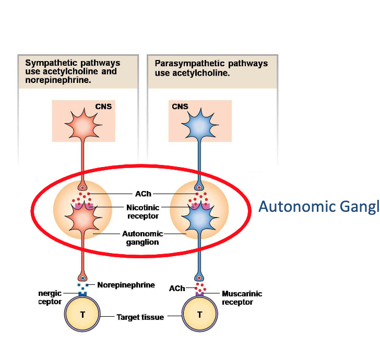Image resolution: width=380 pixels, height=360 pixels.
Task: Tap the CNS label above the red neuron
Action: [x=103, y=106]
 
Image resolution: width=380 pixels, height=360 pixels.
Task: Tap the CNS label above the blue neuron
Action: [x=180, y=106]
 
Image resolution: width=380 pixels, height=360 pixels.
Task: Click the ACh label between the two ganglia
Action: [x=142, y=194]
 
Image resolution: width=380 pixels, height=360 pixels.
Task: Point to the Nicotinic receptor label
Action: [x=142, y=211]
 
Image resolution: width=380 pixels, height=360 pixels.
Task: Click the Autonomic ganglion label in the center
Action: [x=142, y=238]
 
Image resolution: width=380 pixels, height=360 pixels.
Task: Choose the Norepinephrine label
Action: [x=126, y=285]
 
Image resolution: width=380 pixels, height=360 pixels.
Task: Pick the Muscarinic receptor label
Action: [x=242, y=298]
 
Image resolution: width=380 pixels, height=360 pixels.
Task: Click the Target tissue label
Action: [x=140, y=317]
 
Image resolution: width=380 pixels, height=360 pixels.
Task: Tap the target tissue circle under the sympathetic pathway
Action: [x=82, y=315]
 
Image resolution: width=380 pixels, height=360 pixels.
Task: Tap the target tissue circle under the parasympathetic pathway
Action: [x=199, y=315]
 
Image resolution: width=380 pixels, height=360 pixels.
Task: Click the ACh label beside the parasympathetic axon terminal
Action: [x=177, y=289]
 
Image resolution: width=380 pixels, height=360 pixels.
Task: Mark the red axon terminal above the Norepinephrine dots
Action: [x=82, y=277]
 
